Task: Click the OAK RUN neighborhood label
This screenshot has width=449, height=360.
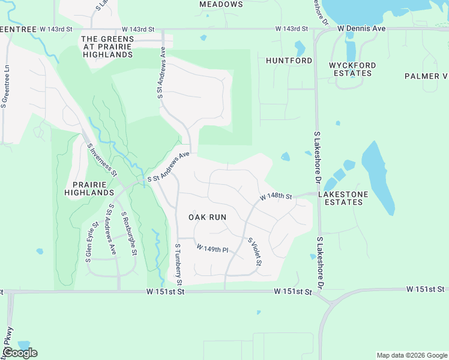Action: point(208,217)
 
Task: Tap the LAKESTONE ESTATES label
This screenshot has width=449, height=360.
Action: point(341,199)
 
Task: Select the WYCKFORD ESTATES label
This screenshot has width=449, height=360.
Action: point(352,69)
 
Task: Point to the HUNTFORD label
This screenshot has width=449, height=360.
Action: point(289,61)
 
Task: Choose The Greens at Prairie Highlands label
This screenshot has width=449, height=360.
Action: point(107,47)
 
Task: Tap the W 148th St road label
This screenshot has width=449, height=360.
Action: point(276,197)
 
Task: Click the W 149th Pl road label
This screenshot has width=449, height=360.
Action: point(212,248)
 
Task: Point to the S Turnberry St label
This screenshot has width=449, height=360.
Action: point(178,264)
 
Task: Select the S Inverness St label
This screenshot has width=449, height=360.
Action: point(102,159)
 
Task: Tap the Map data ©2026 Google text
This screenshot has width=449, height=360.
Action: point(412,355)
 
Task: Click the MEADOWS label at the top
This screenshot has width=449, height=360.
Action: point(221,4)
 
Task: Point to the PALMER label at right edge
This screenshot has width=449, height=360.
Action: point(426,76)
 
